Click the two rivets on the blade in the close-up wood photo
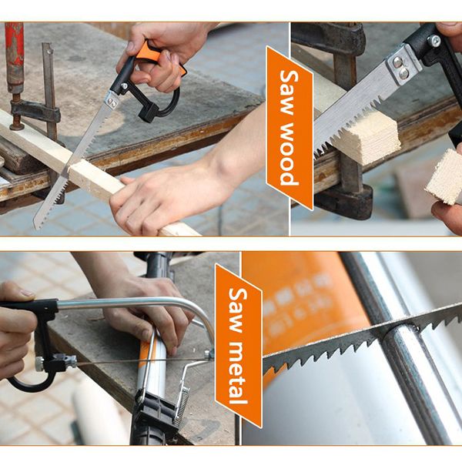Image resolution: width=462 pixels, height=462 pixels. click(400, 67)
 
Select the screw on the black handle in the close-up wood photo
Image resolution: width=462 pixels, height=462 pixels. click(434, 40)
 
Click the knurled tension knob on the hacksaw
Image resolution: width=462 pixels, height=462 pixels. click(39, 364)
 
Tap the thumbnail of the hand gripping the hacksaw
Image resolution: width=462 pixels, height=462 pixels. click(28, 293)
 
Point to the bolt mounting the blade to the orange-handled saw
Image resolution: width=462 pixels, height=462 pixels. click(124, 86)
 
